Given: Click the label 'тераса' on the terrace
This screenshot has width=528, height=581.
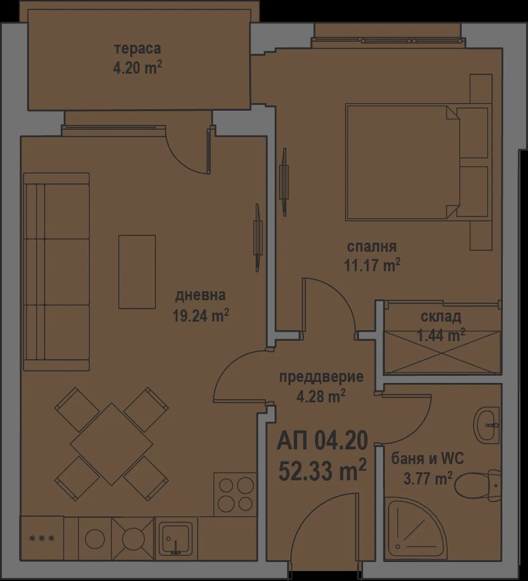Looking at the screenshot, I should [137, 49].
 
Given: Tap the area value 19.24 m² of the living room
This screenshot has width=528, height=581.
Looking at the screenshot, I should [201, 316].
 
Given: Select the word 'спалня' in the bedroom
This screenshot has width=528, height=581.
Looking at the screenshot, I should [372, 247].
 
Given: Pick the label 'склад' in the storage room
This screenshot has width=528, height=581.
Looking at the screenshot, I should [441, 316].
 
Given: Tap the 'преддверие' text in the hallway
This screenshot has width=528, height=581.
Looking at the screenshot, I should [321, 377].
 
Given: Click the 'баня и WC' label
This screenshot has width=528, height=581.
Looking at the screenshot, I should [427, 459].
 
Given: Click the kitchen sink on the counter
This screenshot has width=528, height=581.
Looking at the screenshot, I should [176, 538].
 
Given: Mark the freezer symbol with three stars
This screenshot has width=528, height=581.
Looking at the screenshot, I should [42, 538].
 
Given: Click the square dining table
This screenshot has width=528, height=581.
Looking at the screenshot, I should [112, 444].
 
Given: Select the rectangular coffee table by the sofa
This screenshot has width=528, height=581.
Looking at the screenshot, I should [137, 272].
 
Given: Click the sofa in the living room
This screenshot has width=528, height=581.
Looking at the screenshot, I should [57, 272].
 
